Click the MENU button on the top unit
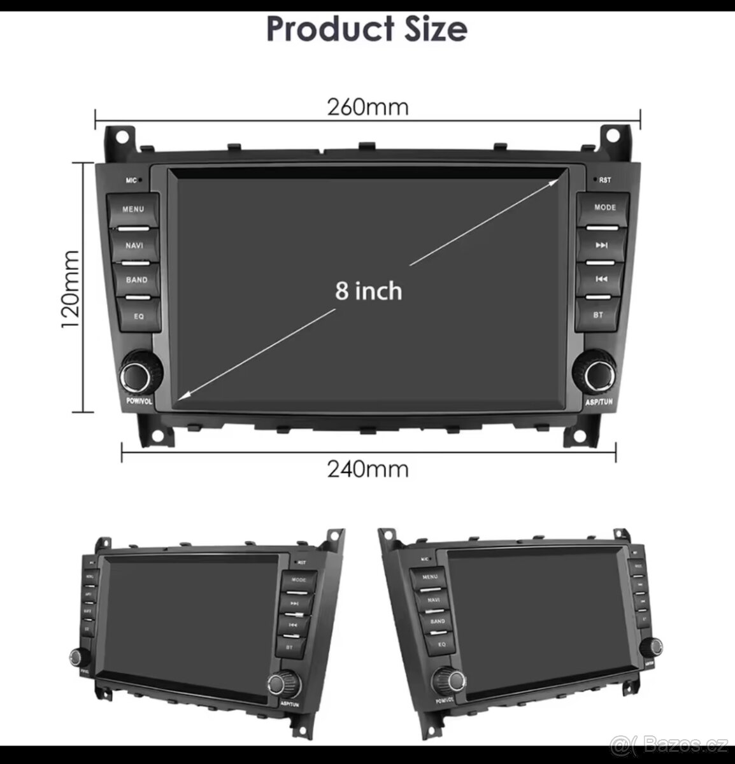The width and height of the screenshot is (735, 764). pos(133,210)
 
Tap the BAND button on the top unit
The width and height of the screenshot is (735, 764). pos(136,280)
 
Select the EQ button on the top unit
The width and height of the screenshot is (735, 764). pos(138,316)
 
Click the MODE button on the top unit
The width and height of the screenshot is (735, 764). pos(604,208)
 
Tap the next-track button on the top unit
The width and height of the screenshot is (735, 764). pos(602,245)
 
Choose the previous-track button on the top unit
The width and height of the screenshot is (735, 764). pos(601,279)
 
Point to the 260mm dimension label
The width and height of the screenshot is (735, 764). pos(367,107)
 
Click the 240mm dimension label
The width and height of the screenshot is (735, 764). pos(367,470)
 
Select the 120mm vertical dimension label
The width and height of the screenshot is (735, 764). pos(71,288)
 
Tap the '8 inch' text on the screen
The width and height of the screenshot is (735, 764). pos(369,291)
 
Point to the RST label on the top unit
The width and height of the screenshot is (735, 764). pos(604,180)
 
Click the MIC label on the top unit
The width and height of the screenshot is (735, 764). pos(131,181)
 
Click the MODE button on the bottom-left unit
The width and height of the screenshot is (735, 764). pos(299,581)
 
